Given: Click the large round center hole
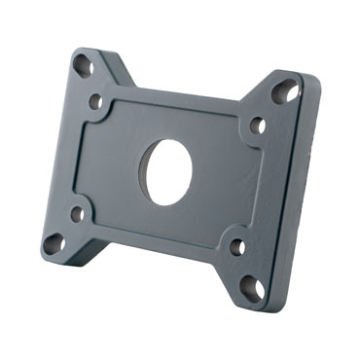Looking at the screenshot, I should pyautogui.click(x=169, y=171).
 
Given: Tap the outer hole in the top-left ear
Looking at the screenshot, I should pyautogui.click(x=84, y=67).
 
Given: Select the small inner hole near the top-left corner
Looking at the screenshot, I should pyautogui.click(x=95, y=101).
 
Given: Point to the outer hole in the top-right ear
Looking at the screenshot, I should pyautogui.click(x=286, y=93).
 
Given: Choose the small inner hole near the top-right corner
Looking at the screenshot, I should pyautogui.click(x=258, y=125).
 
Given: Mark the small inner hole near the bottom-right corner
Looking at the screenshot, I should pyautogui.click(x=237, y=246).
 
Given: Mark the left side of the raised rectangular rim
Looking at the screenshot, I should pyautogui.click(x=84, y=161).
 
